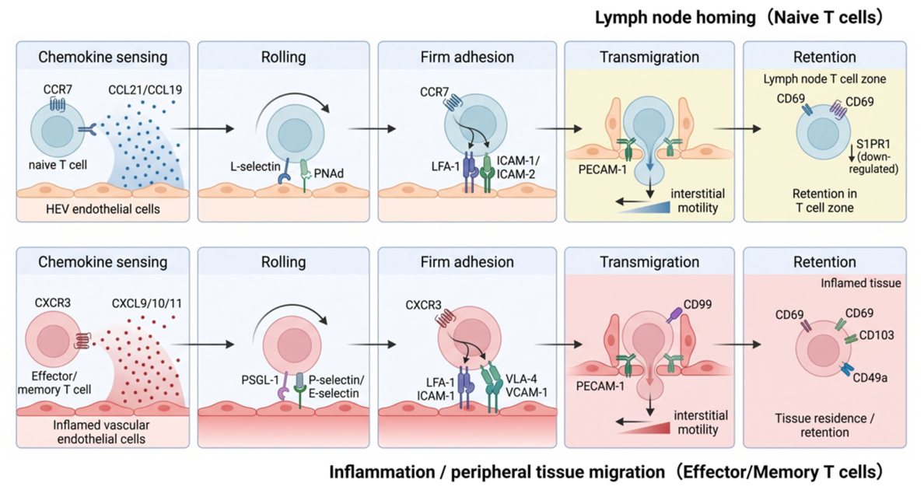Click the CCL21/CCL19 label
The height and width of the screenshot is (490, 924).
[145, 90]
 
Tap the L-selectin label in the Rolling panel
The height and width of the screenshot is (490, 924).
[255, 166]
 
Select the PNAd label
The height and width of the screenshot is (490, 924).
[329, 173]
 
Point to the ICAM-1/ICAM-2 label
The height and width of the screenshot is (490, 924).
[518, 167]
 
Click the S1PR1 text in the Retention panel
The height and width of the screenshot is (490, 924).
[873, 144]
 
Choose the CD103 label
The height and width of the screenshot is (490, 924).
[877, 335]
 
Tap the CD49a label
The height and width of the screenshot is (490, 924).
[870, 377]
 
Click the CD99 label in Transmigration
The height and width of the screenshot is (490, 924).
[698, 304]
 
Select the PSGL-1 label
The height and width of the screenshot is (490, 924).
[260, 380]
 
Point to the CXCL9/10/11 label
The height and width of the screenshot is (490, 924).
[147, 304]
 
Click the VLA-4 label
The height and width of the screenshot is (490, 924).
[522, 380]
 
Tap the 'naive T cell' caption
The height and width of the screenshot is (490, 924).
[58, 165]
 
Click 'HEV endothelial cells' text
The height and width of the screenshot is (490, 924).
[103, 209]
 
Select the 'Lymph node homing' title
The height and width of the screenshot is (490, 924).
[675, 18]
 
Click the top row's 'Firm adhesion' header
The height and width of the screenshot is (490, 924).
[467, 57]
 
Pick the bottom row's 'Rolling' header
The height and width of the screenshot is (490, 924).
[283, 262]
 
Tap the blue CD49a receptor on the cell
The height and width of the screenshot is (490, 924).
[846, 369]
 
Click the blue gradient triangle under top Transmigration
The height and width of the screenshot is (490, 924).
[650, 205]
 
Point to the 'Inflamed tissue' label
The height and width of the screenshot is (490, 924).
[861, 283]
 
